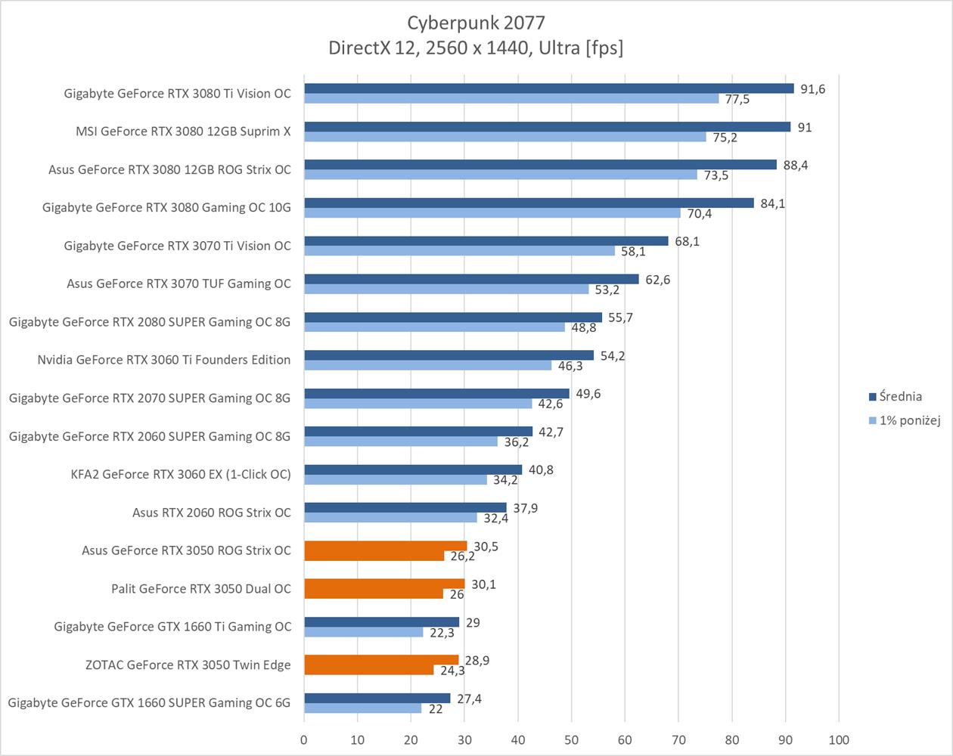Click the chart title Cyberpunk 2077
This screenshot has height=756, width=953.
476,22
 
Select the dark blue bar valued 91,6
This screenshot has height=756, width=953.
548,88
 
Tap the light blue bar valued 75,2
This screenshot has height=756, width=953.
505,137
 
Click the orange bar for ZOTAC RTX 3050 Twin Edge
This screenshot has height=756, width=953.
381,660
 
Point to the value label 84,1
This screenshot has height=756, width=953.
772,203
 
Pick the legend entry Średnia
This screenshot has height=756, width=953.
901,396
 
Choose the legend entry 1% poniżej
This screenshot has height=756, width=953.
910,420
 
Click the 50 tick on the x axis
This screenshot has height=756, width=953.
571,739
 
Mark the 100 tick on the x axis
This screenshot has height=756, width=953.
839,739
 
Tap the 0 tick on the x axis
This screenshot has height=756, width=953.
304,739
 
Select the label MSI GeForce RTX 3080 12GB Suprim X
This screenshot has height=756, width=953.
183,132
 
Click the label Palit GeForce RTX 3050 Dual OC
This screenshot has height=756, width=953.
200,588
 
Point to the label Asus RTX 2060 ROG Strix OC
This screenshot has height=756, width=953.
211,513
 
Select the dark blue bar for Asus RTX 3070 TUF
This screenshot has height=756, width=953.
471,279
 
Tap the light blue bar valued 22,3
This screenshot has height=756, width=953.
364,632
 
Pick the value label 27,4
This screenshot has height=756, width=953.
469,699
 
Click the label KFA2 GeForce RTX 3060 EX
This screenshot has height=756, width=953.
180,474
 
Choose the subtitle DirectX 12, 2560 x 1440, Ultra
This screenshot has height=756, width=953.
476,48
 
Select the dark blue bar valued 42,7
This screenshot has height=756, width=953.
418,431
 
